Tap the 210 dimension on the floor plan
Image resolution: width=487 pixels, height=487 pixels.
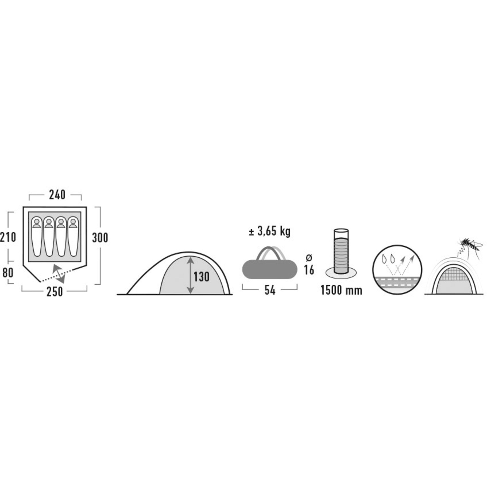8,237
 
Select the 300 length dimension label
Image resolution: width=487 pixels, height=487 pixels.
100,238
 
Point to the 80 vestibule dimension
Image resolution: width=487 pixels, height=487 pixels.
8,272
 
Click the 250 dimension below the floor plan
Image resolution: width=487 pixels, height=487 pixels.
55,292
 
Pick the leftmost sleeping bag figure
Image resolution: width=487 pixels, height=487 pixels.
37,236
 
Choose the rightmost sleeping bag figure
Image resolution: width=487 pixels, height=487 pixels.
73,236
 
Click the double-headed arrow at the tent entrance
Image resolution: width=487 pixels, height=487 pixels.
59,274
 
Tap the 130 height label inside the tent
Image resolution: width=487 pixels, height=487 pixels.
201,277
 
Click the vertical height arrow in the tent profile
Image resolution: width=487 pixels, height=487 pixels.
191,275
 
